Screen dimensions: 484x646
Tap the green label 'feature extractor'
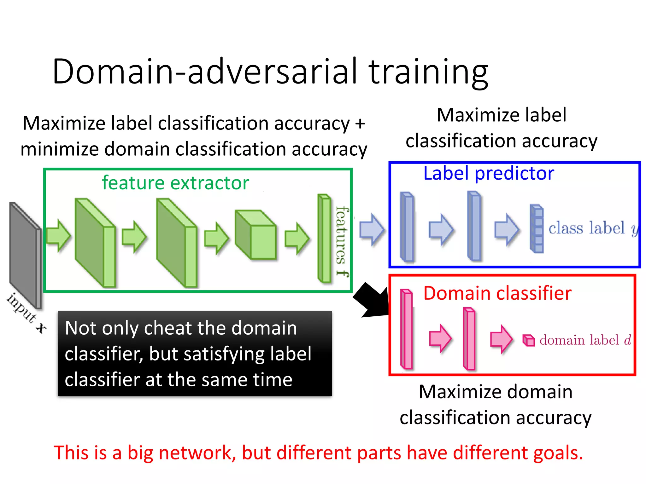pos(175,183)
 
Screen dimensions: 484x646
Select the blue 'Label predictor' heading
pos(488,173)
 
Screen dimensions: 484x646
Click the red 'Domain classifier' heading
pos(497,293)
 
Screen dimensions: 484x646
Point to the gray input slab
pos(25,255)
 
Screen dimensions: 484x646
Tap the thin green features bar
pos(324,239)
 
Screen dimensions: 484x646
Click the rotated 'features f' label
pos(342,241)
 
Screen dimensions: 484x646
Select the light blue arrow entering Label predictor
pos(372,229)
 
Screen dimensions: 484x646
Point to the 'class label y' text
pos(593,228)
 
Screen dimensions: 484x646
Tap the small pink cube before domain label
pos(529,340)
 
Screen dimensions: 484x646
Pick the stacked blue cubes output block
pos(537,229)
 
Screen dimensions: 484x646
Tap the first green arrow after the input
pos(58,236)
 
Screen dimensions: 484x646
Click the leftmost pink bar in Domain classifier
pos(407,329)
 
